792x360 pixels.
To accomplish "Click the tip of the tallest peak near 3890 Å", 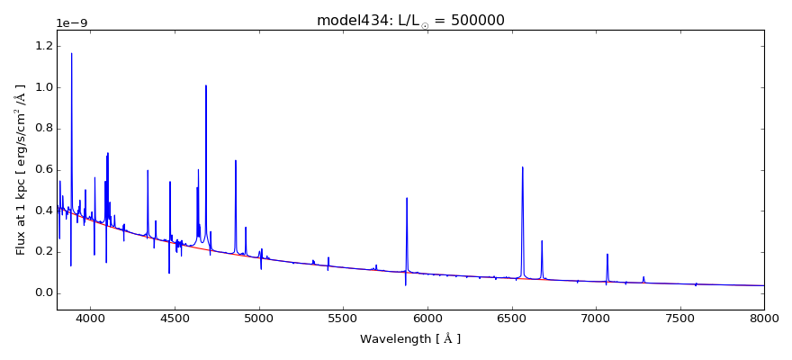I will pos(72,53).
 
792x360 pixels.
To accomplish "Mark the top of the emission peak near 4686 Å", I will pos(206,85).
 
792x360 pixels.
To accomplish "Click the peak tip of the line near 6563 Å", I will pos(522,166).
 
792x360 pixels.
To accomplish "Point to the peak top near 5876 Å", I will pos(407,198).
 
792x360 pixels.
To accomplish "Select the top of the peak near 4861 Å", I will pos(236,160).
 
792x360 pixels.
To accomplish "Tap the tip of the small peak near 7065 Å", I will pos(607,254).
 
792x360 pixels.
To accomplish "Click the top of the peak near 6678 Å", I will pos(542,240).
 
